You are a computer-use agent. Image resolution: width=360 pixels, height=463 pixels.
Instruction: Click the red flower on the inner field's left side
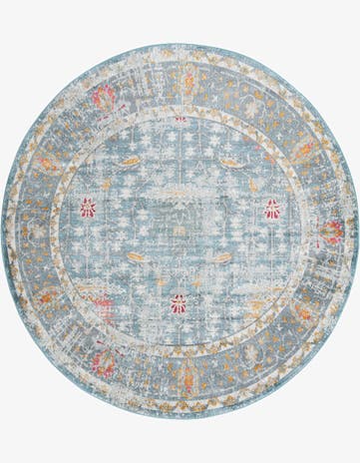tap(88, 208)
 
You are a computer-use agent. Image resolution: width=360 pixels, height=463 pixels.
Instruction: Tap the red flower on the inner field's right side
tap(272, 209)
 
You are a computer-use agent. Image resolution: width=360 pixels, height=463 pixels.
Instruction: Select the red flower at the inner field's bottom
tap(179, 303)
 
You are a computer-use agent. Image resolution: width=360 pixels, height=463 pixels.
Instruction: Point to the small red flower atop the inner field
tap(180, 119)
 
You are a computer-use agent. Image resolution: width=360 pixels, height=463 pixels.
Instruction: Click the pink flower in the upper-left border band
tap(103, 97)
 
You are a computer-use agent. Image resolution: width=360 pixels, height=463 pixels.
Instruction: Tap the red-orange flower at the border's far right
tap(332, 231)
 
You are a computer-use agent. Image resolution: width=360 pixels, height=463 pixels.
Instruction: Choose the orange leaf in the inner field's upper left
tap(131, 160)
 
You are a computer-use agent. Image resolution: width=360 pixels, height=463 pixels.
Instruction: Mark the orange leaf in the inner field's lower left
tap(135, 257)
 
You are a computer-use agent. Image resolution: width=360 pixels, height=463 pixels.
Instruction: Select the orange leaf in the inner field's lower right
tap(223, 257)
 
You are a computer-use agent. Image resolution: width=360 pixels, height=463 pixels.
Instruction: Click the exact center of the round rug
tap(180, 231)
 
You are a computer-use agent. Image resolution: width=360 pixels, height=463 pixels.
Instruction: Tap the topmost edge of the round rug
tap(180, 43)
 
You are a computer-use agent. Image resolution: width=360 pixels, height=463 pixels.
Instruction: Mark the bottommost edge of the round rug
tap(180, 419)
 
